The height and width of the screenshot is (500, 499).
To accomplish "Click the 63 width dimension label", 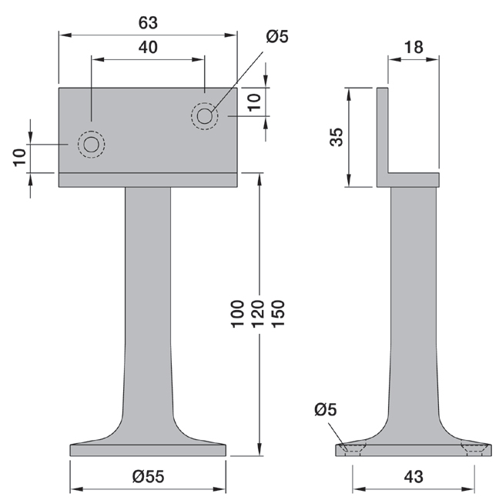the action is click(148, 23).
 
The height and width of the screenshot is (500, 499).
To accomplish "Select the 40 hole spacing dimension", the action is click(148, 48).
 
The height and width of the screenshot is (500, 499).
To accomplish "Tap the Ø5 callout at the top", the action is click(277, 36).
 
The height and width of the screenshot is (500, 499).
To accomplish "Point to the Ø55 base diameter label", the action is click(148, 477).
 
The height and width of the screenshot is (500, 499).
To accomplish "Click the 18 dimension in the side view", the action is click(414, 48).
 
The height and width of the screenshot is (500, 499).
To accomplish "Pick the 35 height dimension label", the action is click(337, 137).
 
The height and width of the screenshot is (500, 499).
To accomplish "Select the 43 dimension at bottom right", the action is click(414, 477).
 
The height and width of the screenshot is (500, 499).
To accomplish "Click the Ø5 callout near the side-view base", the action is click(325, 409).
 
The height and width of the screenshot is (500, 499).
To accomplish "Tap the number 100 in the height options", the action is click(237, 314).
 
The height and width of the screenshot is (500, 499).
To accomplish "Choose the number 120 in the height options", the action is click(258, 314).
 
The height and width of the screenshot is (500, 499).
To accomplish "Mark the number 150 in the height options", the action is click(278, 314).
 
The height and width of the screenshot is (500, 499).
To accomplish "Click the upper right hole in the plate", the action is click(205, 116).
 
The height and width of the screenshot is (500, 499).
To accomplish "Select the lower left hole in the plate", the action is click(92, 145).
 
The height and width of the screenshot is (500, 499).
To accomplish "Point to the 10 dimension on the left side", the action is click(19, 158).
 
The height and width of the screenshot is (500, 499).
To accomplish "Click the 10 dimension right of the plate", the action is click(254, 102).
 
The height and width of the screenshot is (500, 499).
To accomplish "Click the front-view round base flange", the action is click(148, 450).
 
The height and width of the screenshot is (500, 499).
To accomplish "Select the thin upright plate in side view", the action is click(383, 131).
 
